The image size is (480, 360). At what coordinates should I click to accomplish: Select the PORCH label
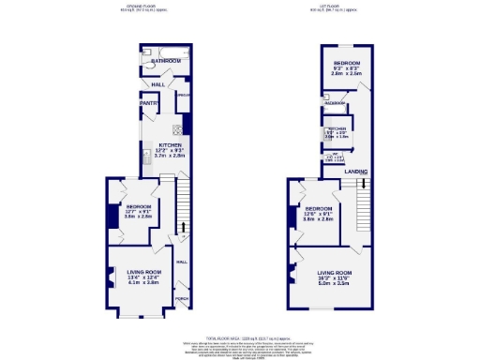[x=181, y=299]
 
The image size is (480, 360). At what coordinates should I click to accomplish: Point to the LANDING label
[x=354, y=171]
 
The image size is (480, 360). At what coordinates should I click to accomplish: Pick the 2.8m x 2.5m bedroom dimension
[x=348, y=73]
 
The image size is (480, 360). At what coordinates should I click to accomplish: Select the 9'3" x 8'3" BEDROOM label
[x=348, y=62]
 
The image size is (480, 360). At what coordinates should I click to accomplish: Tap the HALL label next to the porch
[x=181, y=262]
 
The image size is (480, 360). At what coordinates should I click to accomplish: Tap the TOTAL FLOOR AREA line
[x=240, y=336]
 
